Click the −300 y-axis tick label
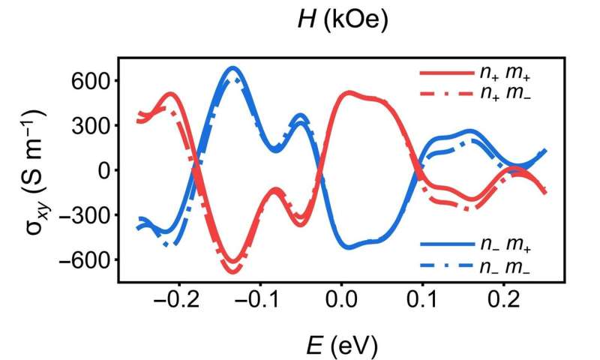point(87,215)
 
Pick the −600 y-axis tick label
point(87,260)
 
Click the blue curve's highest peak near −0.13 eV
point(232,68)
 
